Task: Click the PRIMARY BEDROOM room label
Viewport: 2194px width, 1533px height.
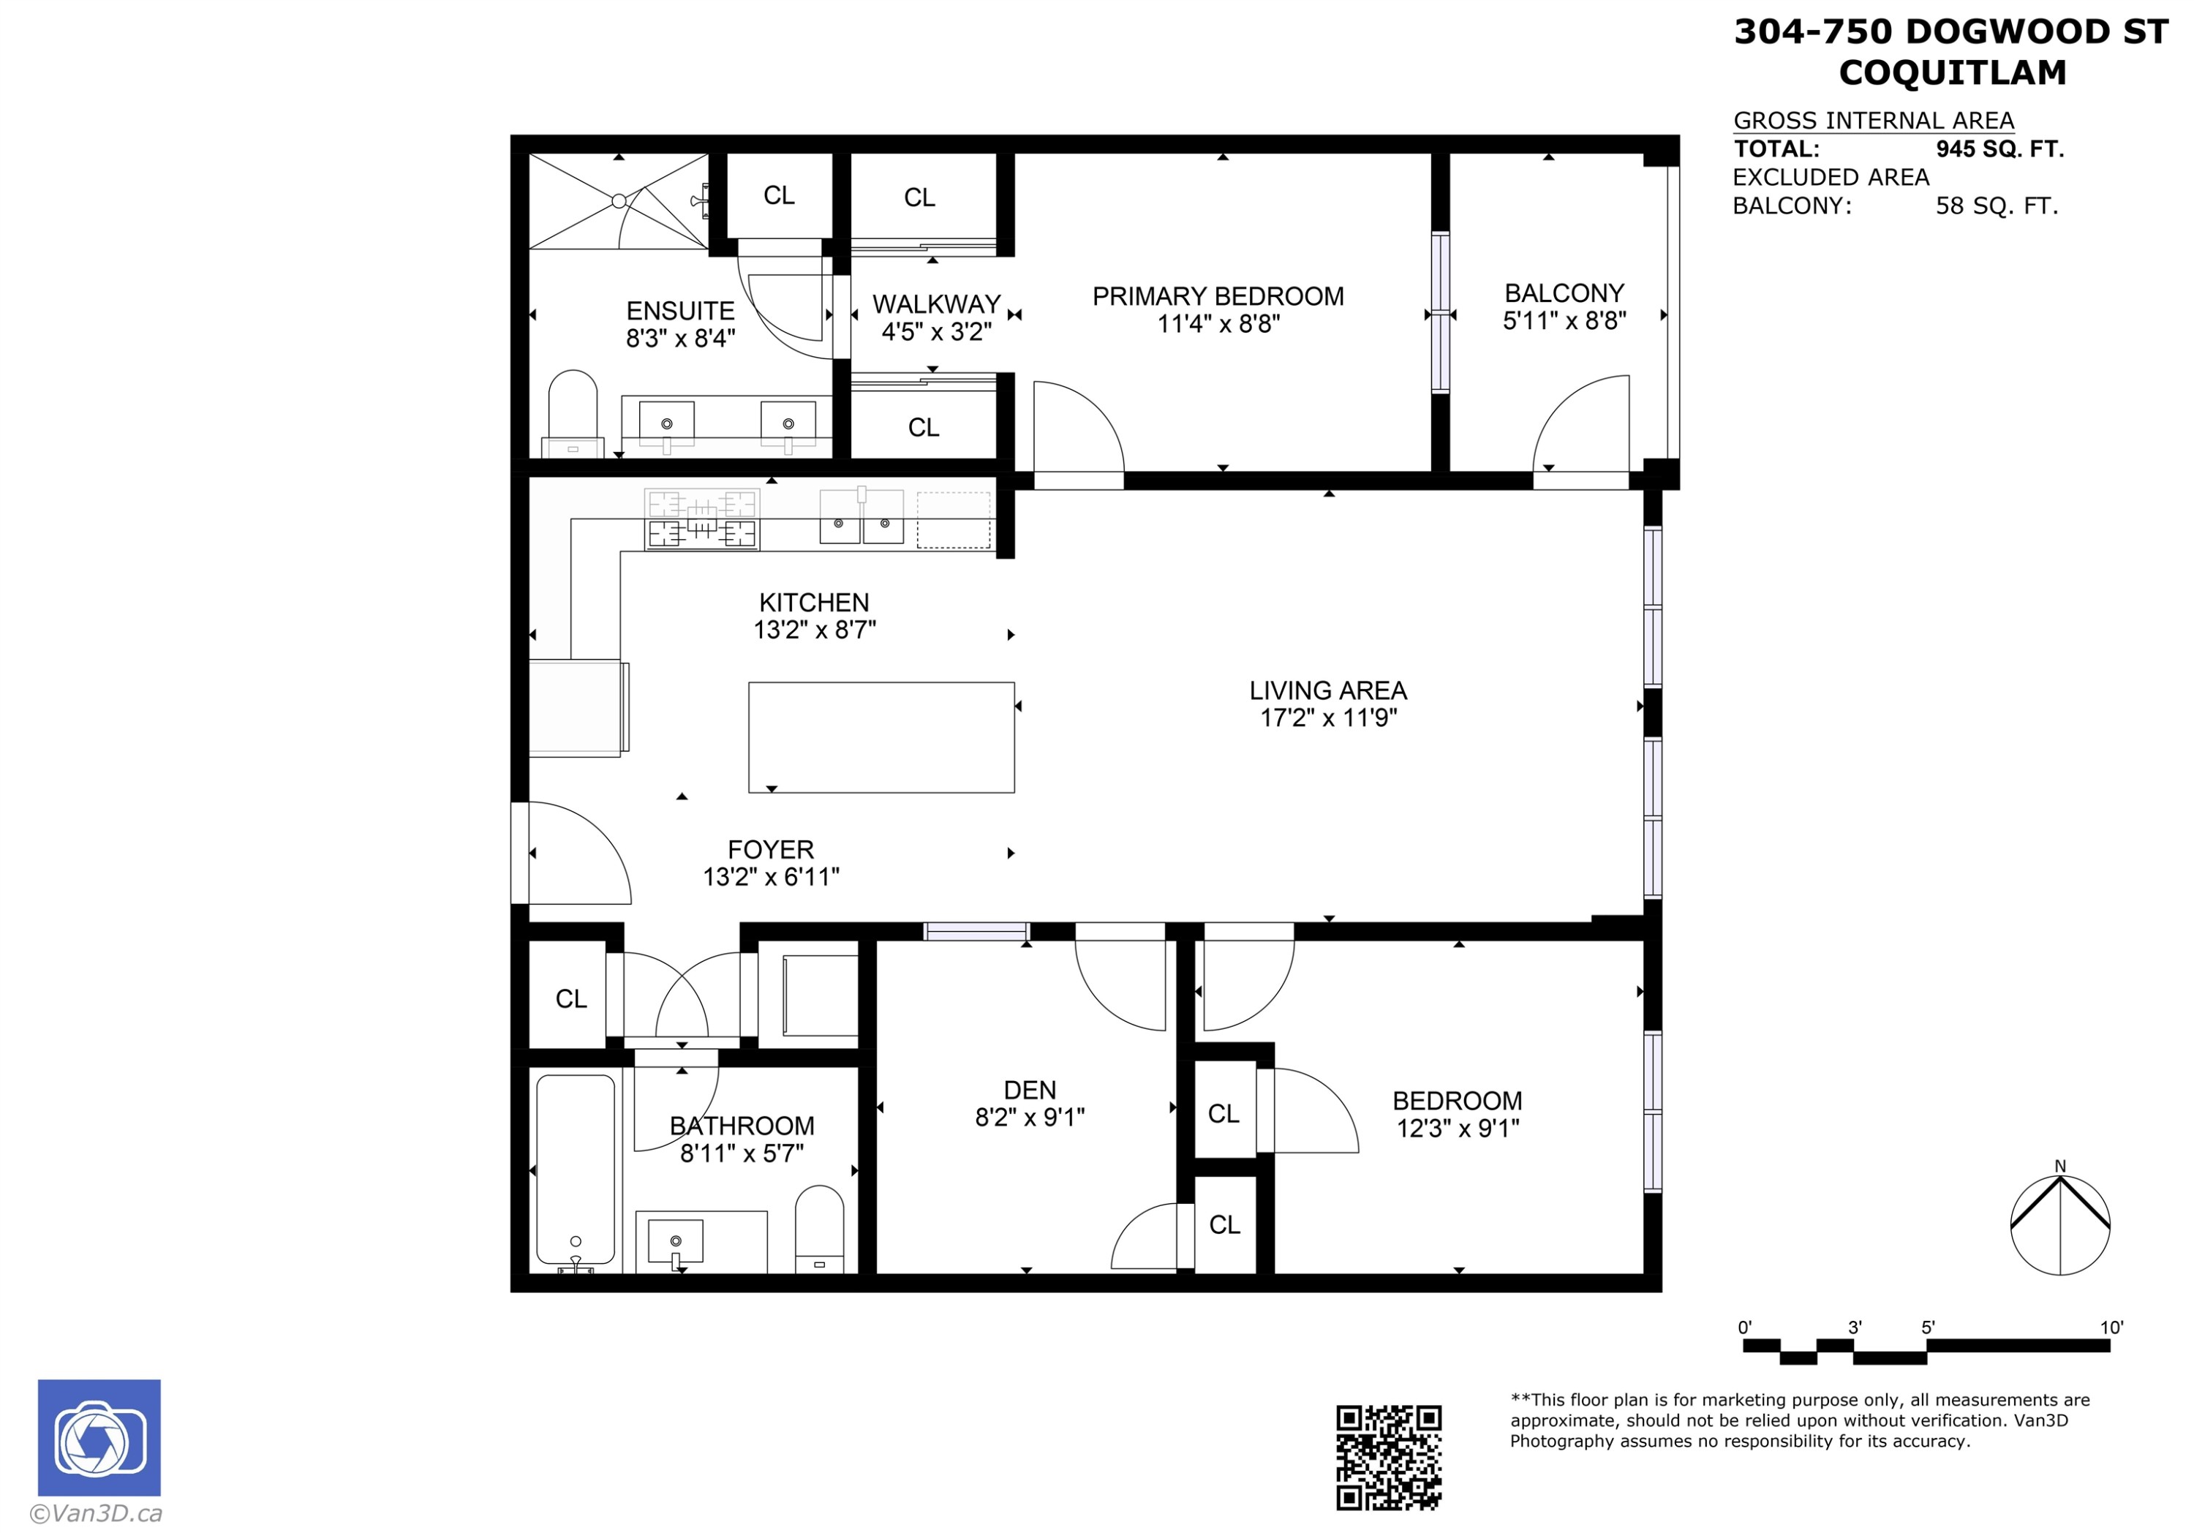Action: tap(1218, 296)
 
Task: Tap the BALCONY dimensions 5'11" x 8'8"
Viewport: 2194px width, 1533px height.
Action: tap(1564, 321)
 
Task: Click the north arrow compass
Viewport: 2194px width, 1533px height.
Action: tap(2059, 1224)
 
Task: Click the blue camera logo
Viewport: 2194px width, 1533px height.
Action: tap(99, 1436)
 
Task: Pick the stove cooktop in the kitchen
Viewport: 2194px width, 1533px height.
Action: tap(701, 519)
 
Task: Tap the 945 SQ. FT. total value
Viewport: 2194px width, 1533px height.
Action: tap(1999, 149)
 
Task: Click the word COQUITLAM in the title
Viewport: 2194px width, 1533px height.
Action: tap(1951, 72)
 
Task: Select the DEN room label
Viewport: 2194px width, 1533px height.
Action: tap(1029, 1090)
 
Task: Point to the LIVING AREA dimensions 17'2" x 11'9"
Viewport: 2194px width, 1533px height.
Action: tap(1327, 717)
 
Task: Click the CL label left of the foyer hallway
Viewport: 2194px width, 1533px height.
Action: tap(570, 999)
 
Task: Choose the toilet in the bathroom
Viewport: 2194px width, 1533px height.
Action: tap(819, 1228)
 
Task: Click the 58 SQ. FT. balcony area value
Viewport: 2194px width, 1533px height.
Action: tap(1997, 206)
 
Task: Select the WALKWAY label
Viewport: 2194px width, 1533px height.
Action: tap(935, 304)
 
